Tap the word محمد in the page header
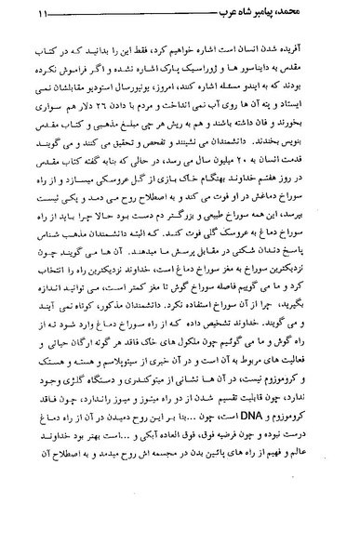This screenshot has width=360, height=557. point(327,15)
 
